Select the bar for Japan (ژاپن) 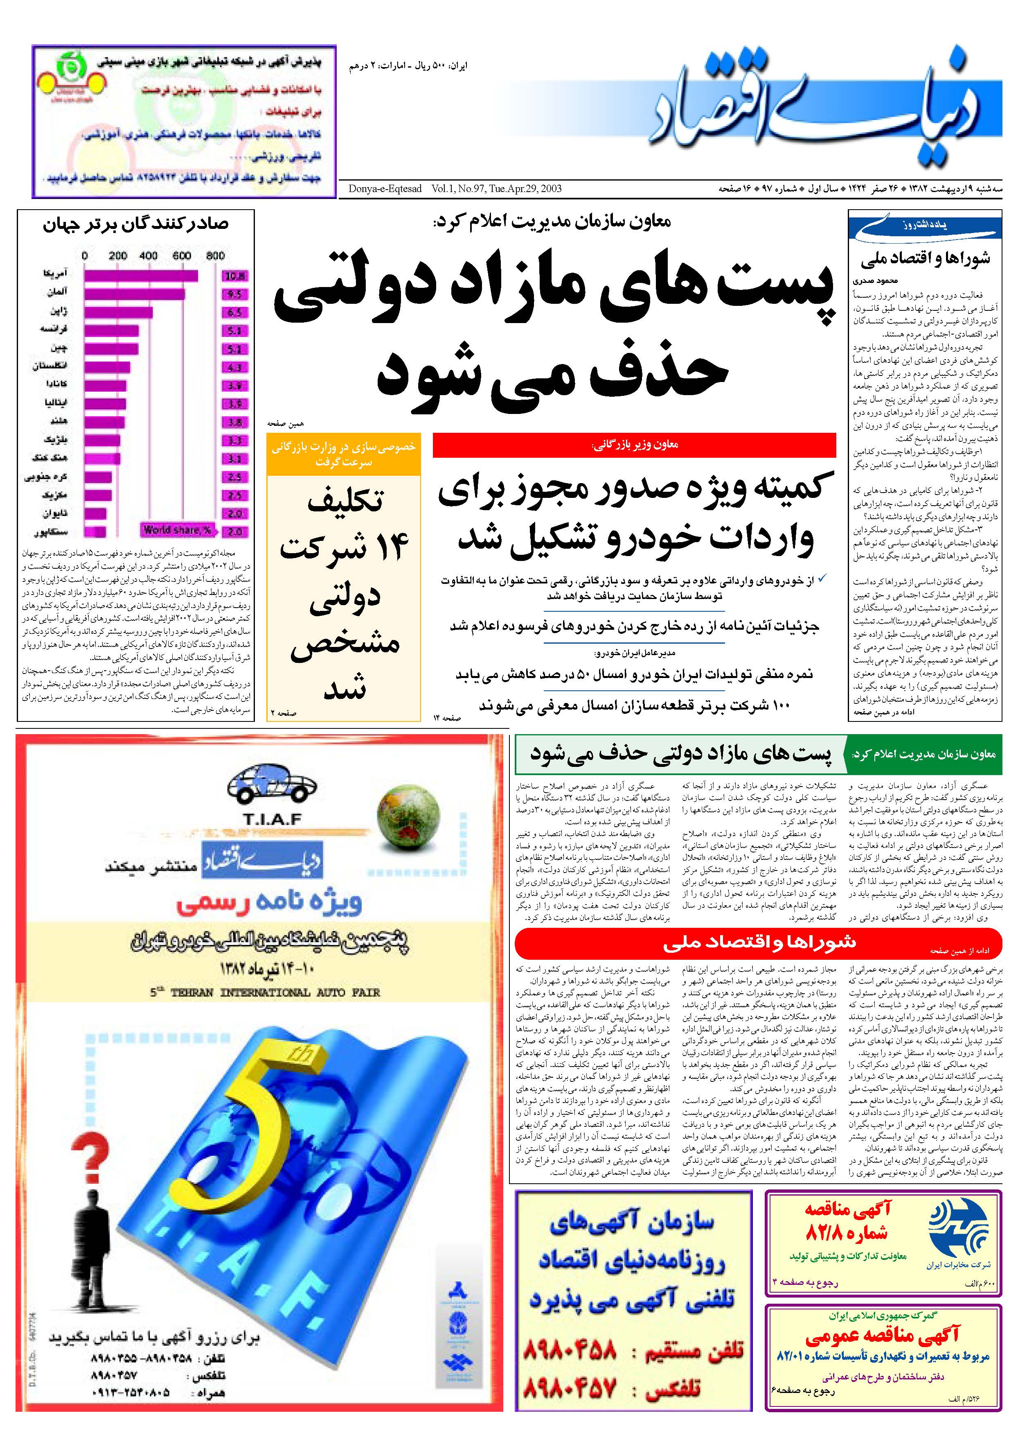coord(118,312)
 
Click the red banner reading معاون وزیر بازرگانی coord(634,445)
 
